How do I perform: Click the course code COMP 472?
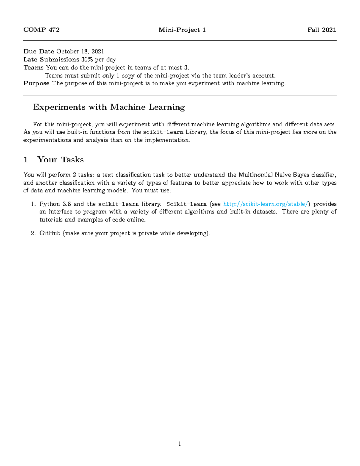tap(41, 30)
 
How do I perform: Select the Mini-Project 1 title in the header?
tap(182, 30)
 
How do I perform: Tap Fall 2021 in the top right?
tap(322, 30)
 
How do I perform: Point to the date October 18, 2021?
tap(80, 52)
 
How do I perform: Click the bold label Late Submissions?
tap(51, 59)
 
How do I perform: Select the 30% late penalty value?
tap(87, 59)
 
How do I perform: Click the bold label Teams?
tap(33, 68)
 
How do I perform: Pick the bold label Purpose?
tap(36, 83)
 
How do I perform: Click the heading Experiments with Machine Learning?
tap(109, 107)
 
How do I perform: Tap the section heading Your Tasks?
tap(60, 160)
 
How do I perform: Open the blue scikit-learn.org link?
tap(266, 204)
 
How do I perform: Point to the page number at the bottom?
tap(180, 444)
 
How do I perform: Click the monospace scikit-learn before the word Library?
tap(163, 132)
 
